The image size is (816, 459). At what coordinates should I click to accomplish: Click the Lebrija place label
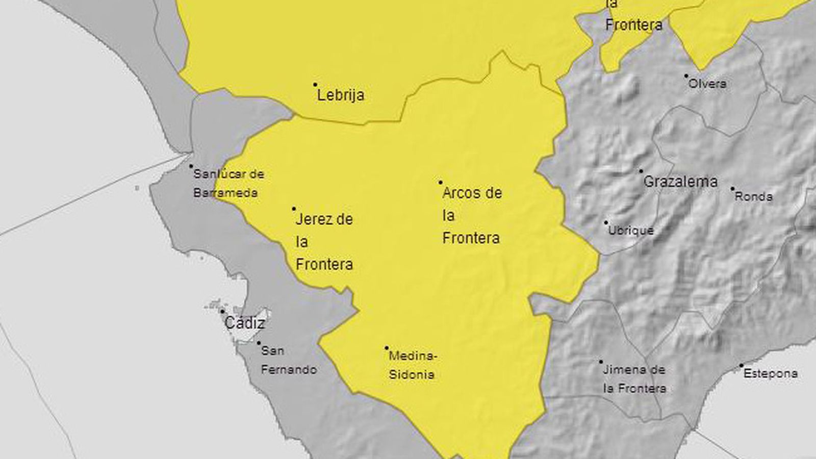(341, 95)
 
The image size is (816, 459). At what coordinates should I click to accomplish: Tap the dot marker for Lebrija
(315, 85)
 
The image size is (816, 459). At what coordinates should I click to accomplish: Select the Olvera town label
(707, 84)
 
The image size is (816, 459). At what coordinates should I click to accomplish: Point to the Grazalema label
(680, 182)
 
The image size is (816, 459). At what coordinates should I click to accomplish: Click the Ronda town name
(753, 197)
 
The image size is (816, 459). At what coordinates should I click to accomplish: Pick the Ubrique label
(631, 231)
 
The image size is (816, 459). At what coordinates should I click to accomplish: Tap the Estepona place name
(770, 374)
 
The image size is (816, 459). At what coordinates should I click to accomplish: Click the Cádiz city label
(245, 323)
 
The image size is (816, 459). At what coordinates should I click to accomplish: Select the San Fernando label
(289, 360)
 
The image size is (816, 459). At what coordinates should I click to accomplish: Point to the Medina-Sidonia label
(412, 365)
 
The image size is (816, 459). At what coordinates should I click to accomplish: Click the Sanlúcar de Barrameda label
(228, 184)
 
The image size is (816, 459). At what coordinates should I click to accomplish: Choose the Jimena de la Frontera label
(634, 379)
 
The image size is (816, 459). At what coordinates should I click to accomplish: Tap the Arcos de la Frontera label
(472, 215)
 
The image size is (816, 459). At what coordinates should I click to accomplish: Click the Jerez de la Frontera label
(324, 242)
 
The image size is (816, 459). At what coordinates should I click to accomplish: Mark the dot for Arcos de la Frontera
(441, 182)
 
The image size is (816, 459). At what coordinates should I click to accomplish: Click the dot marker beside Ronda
(732, 189)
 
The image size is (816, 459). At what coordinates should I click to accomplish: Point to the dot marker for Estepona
(741, 366)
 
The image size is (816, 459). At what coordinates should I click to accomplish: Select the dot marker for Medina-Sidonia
(387, 348)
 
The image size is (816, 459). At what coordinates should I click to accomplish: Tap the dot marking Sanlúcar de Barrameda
(191, 166)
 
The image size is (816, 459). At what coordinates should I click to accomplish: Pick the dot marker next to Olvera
(686, 76)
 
